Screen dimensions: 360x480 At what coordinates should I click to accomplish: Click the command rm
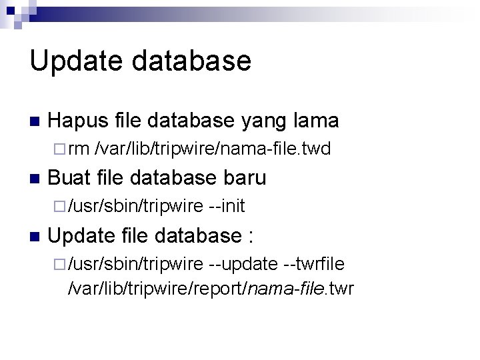(79, 149)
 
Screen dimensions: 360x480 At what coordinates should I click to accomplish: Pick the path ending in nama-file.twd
(213, 149)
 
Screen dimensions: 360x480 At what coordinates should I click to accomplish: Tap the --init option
(227, 207)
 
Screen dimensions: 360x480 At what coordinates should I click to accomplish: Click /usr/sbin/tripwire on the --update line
(135, 264)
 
